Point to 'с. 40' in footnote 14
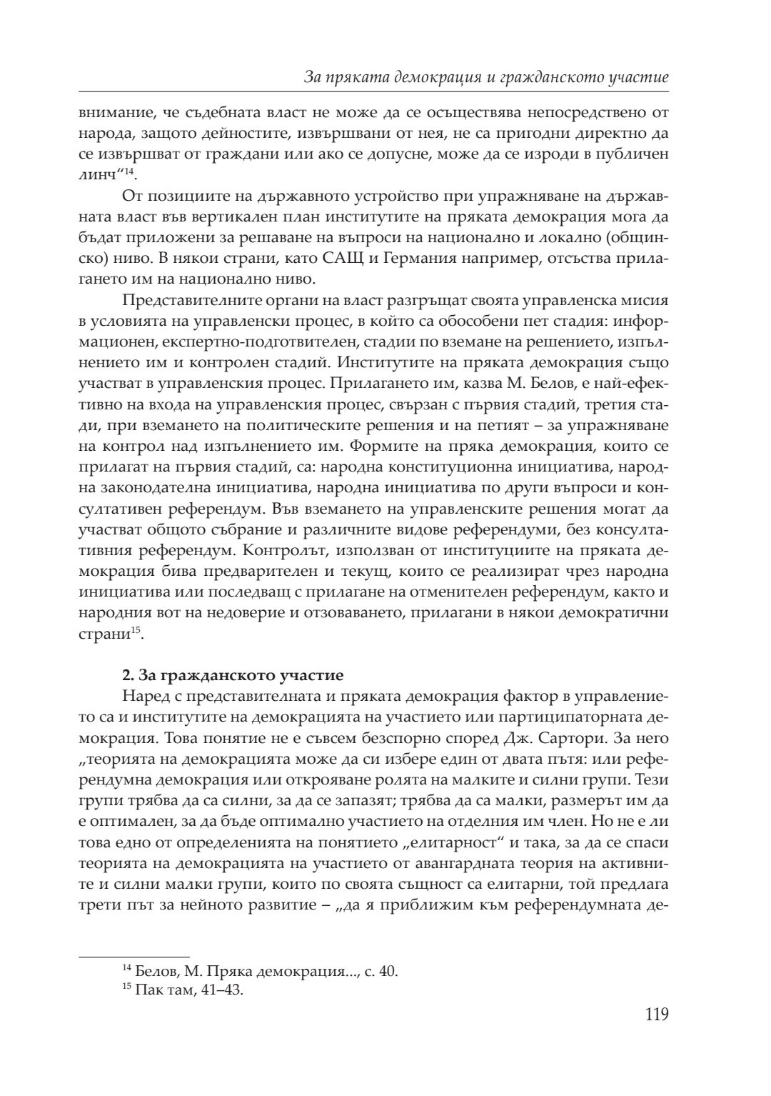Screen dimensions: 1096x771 click(x=381, y=972)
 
